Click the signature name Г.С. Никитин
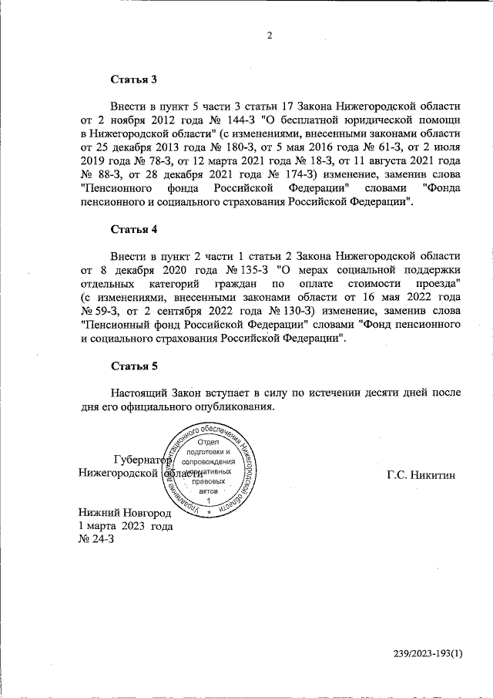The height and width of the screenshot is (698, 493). coord(421,474)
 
